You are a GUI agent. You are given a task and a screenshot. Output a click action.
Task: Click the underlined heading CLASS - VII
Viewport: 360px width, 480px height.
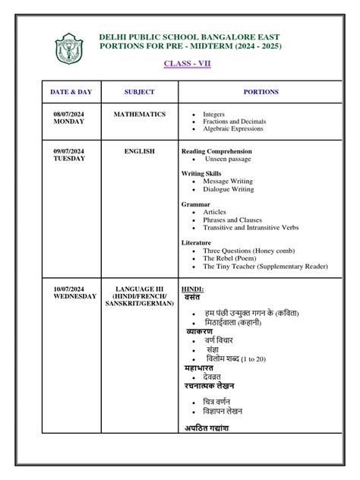(188, 63)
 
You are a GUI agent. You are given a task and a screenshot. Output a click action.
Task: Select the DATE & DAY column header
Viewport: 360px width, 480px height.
(71, 92)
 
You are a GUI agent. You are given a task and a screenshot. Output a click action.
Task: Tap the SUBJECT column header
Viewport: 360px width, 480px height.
(139, 92)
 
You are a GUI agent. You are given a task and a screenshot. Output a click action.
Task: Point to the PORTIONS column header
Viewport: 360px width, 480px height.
(261, 92)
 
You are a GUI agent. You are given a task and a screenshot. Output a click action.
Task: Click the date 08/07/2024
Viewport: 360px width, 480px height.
(69, 114)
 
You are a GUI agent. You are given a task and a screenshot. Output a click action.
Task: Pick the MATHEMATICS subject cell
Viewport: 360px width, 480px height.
(139, 114)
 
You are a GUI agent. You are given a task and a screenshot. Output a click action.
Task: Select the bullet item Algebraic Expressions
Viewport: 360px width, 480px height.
(233, 129)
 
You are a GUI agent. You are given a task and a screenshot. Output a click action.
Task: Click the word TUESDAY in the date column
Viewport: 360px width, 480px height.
(69, 159)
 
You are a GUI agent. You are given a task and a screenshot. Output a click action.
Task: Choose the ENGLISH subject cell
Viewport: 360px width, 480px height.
(139, 151)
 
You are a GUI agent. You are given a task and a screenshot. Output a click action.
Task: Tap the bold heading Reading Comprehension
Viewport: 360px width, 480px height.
(216, 151)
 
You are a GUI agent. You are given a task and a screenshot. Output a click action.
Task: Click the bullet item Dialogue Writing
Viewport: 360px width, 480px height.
(228, 189)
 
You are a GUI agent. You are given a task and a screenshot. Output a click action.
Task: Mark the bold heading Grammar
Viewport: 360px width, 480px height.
(195, 204)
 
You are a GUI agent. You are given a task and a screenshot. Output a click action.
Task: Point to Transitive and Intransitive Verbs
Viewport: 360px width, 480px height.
(251, 227)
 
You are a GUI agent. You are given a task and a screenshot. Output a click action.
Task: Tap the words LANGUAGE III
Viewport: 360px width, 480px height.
(139, 289)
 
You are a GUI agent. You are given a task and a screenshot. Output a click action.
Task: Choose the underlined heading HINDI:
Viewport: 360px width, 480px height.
(192, 289)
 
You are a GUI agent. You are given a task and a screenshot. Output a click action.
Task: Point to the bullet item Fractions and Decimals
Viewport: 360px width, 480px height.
(235, 122)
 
